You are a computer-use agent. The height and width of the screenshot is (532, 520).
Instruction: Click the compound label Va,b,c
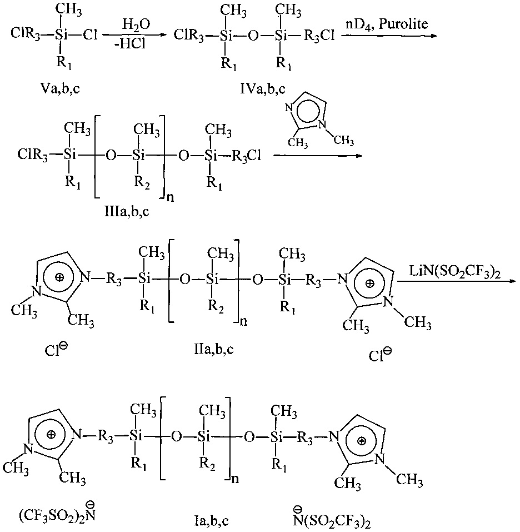[56, 87]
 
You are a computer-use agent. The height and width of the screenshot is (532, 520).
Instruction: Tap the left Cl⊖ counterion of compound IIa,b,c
[56, 351]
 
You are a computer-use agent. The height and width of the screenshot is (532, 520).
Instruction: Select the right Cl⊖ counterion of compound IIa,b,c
[379, 354]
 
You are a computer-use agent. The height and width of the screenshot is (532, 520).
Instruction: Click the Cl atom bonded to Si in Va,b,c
[90, 35]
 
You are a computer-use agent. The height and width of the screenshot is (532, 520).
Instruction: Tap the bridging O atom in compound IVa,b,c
[253, 36]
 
